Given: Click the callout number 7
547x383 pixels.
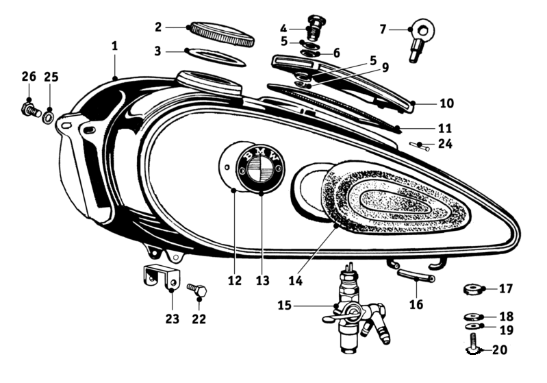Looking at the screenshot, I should pos(383,29).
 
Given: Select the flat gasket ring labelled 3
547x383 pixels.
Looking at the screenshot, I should pos(216,56).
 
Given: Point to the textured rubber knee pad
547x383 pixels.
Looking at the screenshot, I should pos(383,201).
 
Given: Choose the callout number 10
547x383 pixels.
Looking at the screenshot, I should pos(446,103).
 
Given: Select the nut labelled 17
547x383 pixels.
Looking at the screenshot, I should pos(473,288).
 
